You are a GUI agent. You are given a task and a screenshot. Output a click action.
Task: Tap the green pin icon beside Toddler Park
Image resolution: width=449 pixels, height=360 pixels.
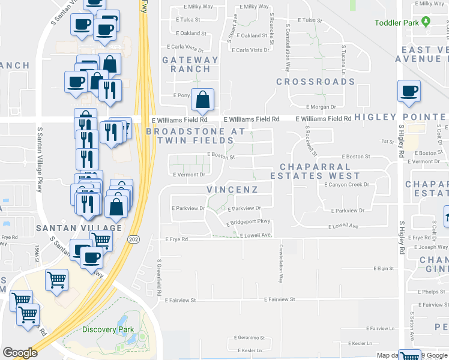(427, 22)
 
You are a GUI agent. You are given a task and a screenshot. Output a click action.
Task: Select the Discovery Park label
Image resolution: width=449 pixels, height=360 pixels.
(108, 329)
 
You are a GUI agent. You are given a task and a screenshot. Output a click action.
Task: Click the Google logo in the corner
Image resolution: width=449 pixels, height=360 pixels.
(20, 353)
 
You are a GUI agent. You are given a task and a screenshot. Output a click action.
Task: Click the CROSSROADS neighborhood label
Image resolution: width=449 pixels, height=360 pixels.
(307, 81)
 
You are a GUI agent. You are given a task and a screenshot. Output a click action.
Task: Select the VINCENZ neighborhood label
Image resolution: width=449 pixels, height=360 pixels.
(232, 190)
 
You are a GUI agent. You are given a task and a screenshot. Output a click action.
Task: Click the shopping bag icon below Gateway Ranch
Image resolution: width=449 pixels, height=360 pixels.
(203, 100)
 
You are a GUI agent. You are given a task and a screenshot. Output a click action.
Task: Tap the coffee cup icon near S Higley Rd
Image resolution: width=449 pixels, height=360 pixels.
(409, 91)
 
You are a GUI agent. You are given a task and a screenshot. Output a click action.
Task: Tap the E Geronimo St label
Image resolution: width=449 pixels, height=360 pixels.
(247, 338)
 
